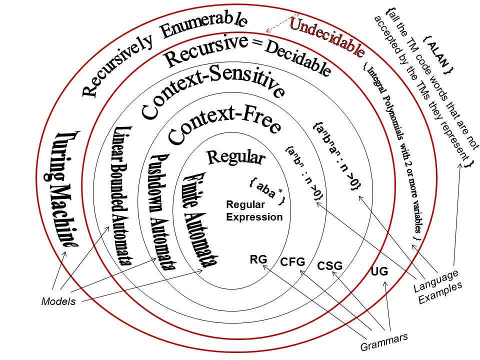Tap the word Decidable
297,59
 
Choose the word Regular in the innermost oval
235,157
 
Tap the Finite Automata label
200,220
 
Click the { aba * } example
267,191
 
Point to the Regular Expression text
254,210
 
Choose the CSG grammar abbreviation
330,266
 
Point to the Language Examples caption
437,286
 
